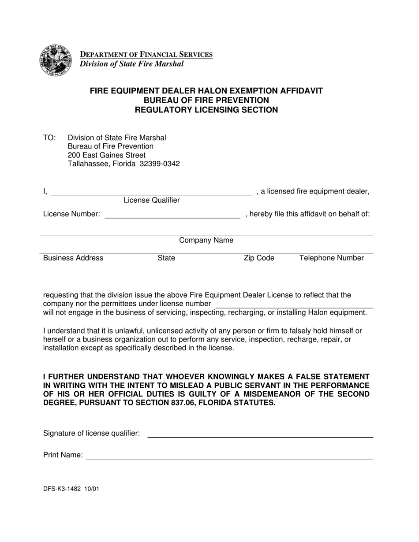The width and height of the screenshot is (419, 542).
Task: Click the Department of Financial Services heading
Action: point(146,55)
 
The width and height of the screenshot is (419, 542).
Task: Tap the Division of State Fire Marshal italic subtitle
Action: point(131,64)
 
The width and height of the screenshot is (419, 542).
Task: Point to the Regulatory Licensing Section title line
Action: point(206,110)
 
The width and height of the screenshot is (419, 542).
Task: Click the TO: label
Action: point(49,138)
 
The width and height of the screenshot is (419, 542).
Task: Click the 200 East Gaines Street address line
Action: point(106,155)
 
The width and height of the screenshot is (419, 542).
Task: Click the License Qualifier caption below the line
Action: point(151,200)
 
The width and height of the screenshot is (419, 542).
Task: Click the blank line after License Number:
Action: point(172,215)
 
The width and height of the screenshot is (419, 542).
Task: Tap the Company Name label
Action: point(206,241)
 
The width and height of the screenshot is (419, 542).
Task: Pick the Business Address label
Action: point(73,258)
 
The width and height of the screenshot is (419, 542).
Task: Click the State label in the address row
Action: point(166,258)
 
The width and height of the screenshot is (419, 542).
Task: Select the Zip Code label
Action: point(259,258)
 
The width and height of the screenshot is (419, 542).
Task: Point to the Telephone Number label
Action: point(331,258)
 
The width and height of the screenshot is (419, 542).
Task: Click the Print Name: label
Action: point(63,455)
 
